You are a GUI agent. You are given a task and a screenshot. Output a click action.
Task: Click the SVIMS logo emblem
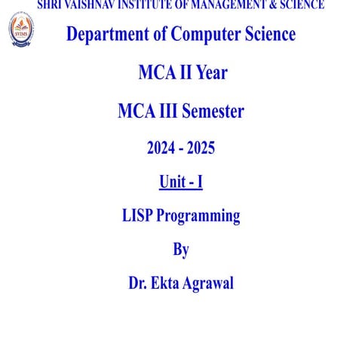click(x=21, y=29)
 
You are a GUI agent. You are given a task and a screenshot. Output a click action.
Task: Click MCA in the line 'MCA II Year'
click(x=154, y=73)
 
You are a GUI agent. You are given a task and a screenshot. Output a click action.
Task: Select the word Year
click(x=208, y=73)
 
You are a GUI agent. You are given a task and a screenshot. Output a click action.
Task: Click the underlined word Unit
click(x=171, y=182)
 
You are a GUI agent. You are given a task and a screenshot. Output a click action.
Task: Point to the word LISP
click(x=137, y=216)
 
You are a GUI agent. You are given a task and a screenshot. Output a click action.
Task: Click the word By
click(x=181, y=250)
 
